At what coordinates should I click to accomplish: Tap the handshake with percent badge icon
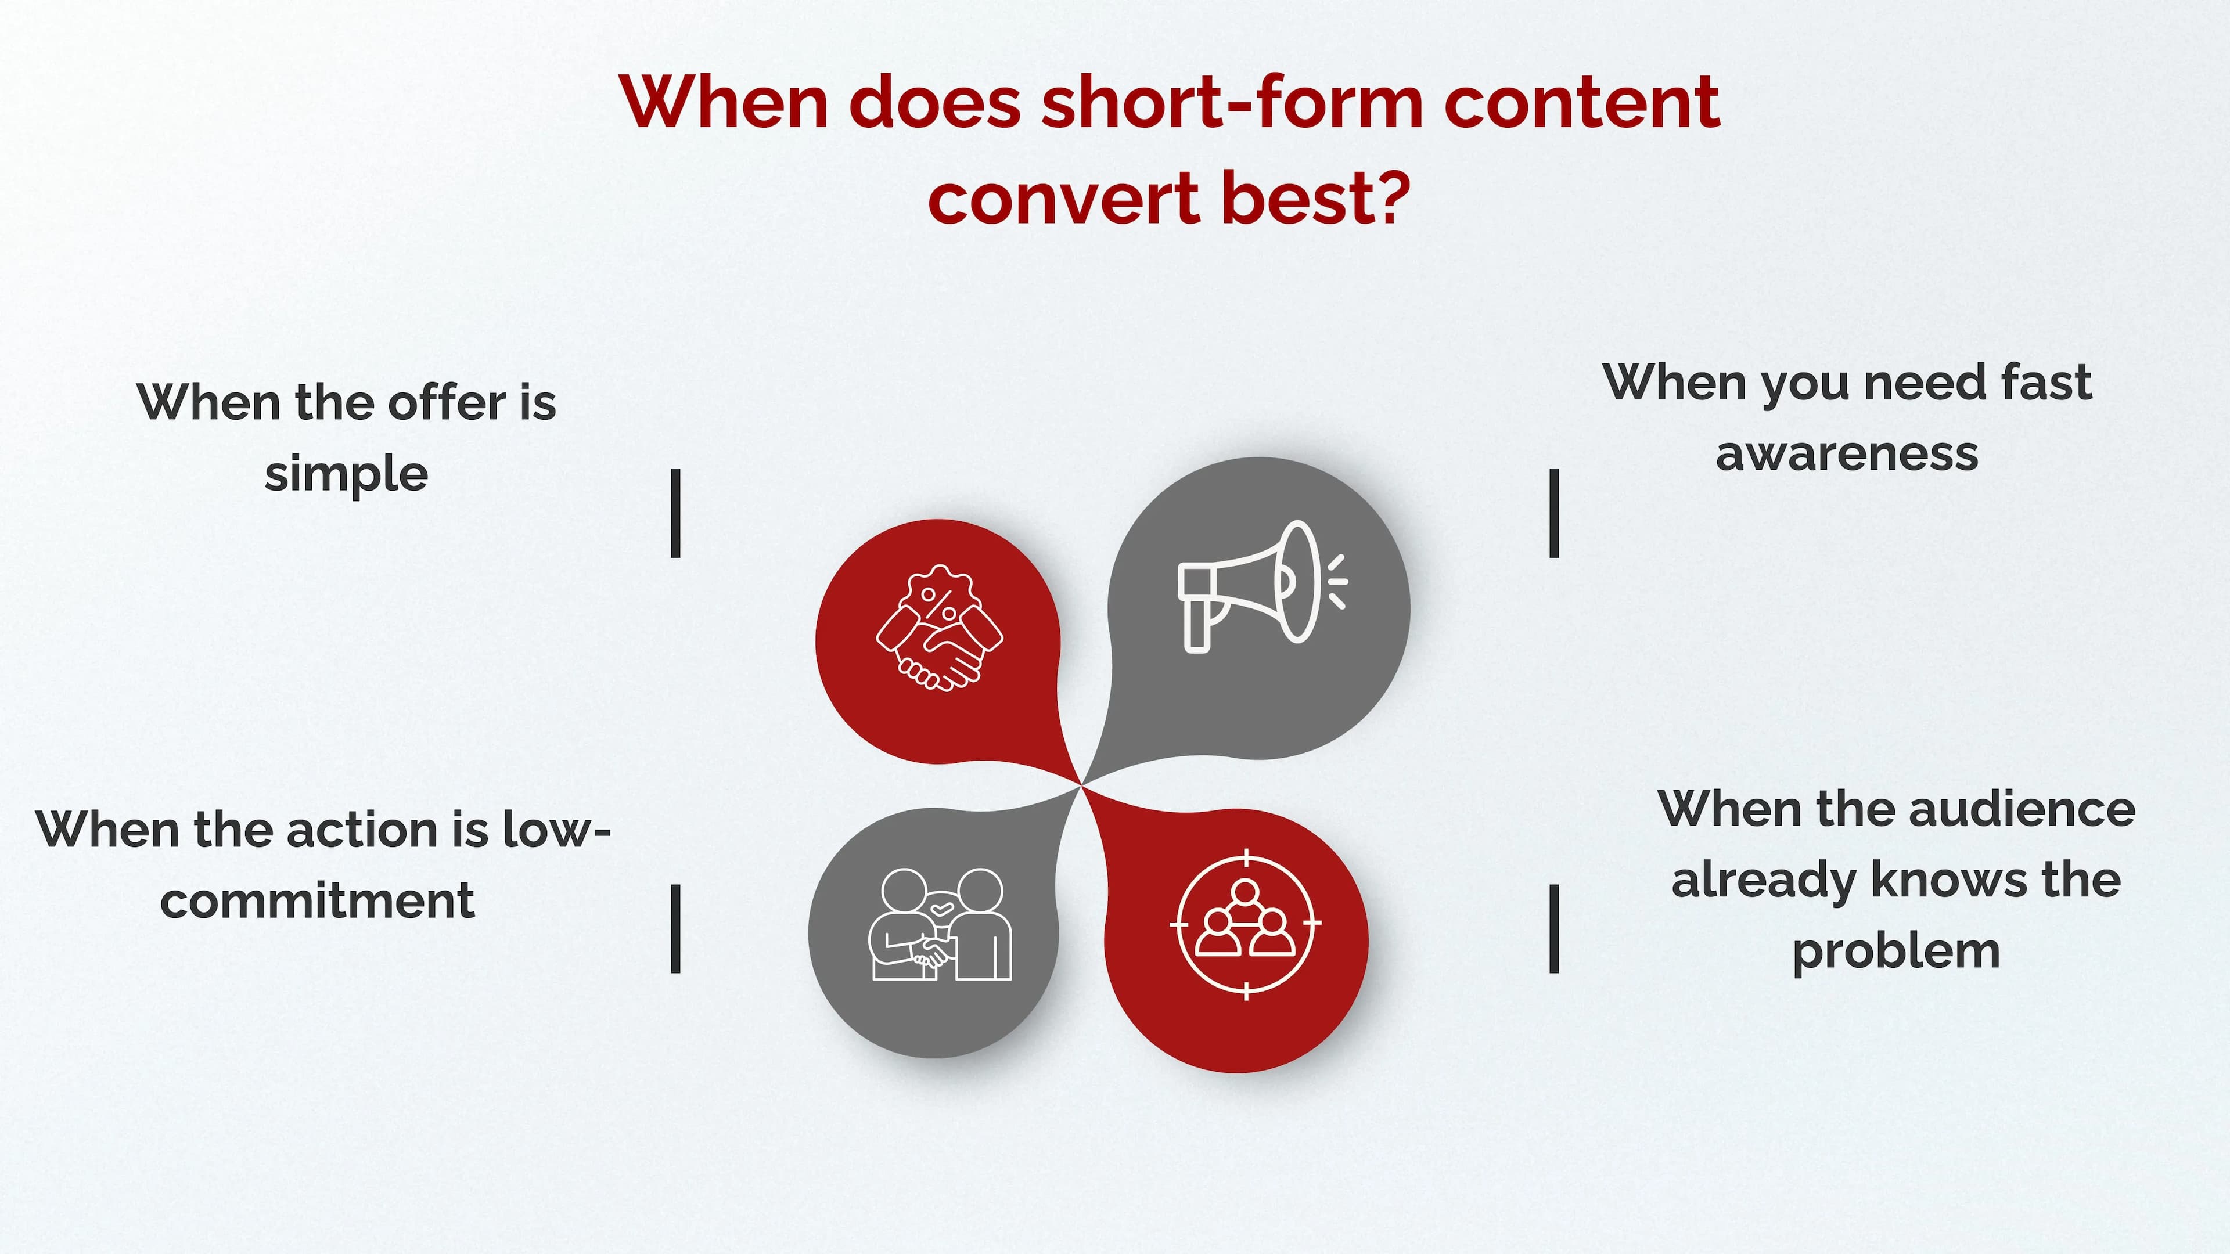[x=939, y=628]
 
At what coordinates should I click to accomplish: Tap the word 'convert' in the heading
[x=1063, y=197]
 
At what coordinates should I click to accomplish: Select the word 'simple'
[x=346, y=475]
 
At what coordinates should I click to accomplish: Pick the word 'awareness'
[x=1847, y=453]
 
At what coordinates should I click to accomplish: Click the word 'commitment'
[x=317, y=901]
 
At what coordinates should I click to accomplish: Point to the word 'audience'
[x=2022, y=809]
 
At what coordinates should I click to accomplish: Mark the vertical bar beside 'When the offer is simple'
[x=676, y=513]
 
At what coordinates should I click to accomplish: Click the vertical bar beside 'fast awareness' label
[x=1554, y=513]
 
